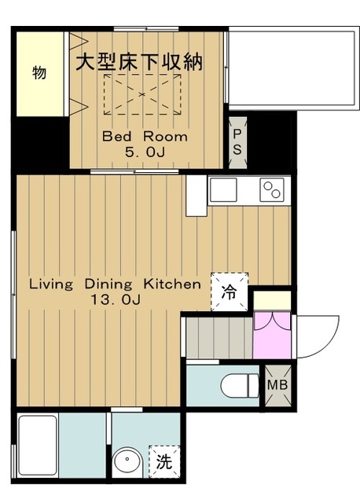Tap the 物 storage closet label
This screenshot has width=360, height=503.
coord(39,72)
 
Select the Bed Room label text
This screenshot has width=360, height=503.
coord(145,137)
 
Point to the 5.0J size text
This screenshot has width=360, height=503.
coord(145,152)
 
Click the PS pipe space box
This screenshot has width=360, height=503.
coord(237,142)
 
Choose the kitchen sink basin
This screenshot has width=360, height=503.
coord(223,189)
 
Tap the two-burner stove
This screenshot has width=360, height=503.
coord(272,189)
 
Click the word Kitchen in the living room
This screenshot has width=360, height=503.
coord(172,284)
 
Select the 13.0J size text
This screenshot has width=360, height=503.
coord(116,299)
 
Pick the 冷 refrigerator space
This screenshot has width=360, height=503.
coord(230,292)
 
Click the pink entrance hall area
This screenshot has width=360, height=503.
coord(272,336)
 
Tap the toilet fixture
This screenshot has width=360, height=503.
coord(241,385)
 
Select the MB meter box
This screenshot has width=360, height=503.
coord(277,385)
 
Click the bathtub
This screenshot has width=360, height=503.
coord(38,446)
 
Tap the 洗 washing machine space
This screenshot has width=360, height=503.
coord(164,461)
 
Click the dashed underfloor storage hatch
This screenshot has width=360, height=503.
coord(142,94)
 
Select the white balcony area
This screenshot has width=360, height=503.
coord(293,68)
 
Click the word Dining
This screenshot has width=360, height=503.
coord(108,285)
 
